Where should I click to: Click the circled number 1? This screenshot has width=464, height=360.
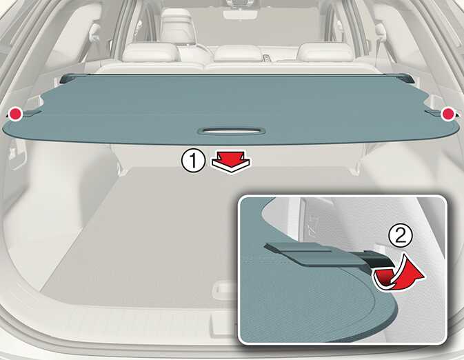(x=193, y=161)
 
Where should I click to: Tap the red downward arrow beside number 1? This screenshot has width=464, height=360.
(x=231, y=162)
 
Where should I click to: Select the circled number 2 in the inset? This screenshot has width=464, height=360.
(x=401, y=237)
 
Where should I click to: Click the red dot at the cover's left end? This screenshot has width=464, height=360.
(x=15, y=114)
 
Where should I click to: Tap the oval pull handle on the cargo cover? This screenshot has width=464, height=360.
(x=232, y=131)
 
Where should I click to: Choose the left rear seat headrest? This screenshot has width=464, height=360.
(x=151, y=52)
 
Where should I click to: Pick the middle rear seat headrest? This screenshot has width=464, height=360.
(x=239, y=53)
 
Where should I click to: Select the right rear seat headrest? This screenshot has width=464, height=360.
(x=325, y=52)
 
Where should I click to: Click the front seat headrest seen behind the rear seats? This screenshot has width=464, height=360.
(x=177, y=25)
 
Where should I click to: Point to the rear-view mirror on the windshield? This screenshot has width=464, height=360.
(x=240, y=14)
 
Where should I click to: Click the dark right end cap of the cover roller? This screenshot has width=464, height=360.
(x=407, y=78)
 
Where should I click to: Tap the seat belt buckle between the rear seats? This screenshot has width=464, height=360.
(x=267, y=57)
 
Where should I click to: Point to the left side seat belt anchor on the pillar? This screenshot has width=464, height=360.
(x=94, y=32)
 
